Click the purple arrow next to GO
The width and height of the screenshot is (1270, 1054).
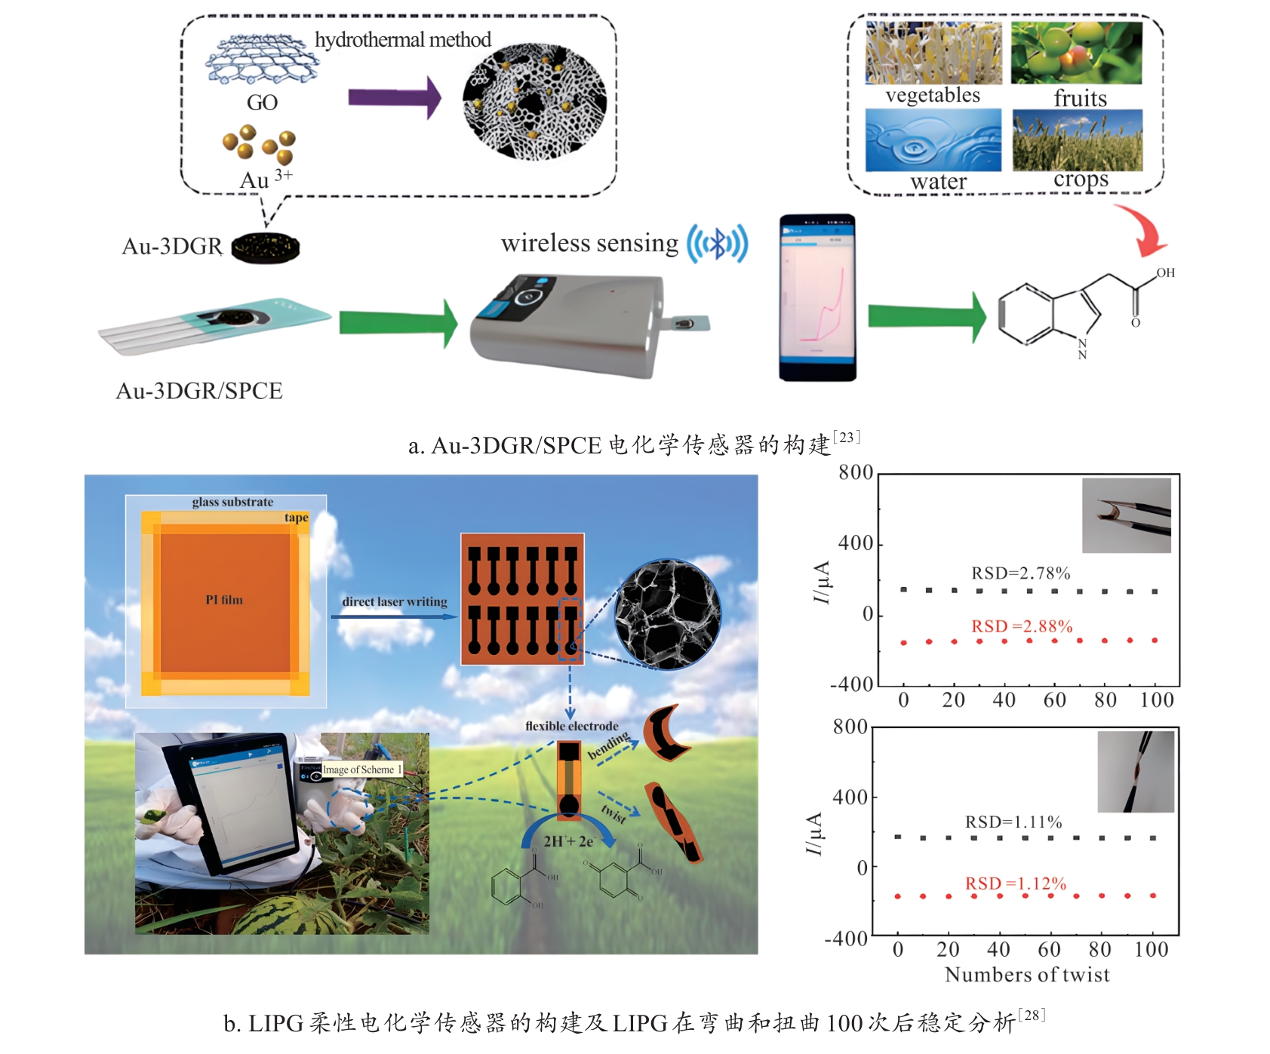click(x=394, y=97)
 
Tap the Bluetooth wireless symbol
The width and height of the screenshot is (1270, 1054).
click(x=717, y=243)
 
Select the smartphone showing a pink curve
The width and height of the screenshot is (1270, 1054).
click(x=817, y=298)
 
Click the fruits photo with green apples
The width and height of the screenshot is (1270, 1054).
click(x=1076, y=52)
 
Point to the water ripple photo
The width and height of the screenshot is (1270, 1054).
click(x=933, y=140)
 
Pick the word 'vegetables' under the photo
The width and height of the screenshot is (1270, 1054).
click(x=933, y=95)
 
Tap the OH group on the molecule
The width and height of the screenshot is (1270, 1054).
click(x=1165, y=272)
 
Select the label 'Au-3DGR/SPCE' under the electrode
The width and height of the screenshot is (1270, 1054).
click(x=199, y=391)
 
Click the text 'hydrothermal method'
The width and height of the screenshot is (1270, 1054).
click(x=402, y=39)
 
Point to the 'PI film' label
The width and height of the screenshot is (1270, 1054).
click(x=224, y=600)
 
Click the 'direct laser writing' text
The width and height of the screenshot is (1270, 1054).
click(x=394, y=601)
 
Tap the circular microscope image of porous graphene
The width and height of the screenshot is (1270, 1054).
click(x=667, y=614)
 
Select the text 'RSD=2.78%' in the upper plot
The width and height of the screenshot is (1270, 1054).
click(x=1020, y=573)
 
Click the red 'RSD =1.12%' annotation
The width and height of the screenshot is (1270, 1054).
click(x=1015, y=883)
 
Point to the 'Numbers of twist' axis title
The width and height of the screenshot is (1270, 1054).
click(x=1027, y=975)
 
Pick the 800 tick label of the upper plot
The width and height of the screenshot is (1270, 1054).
click(x=856, y=473)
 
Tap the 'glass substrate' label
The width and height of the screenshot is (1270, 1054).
click(x=232, y=502)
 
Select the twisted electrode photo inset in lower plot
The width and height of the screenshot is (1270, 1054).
click(x=1136, y=771)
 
